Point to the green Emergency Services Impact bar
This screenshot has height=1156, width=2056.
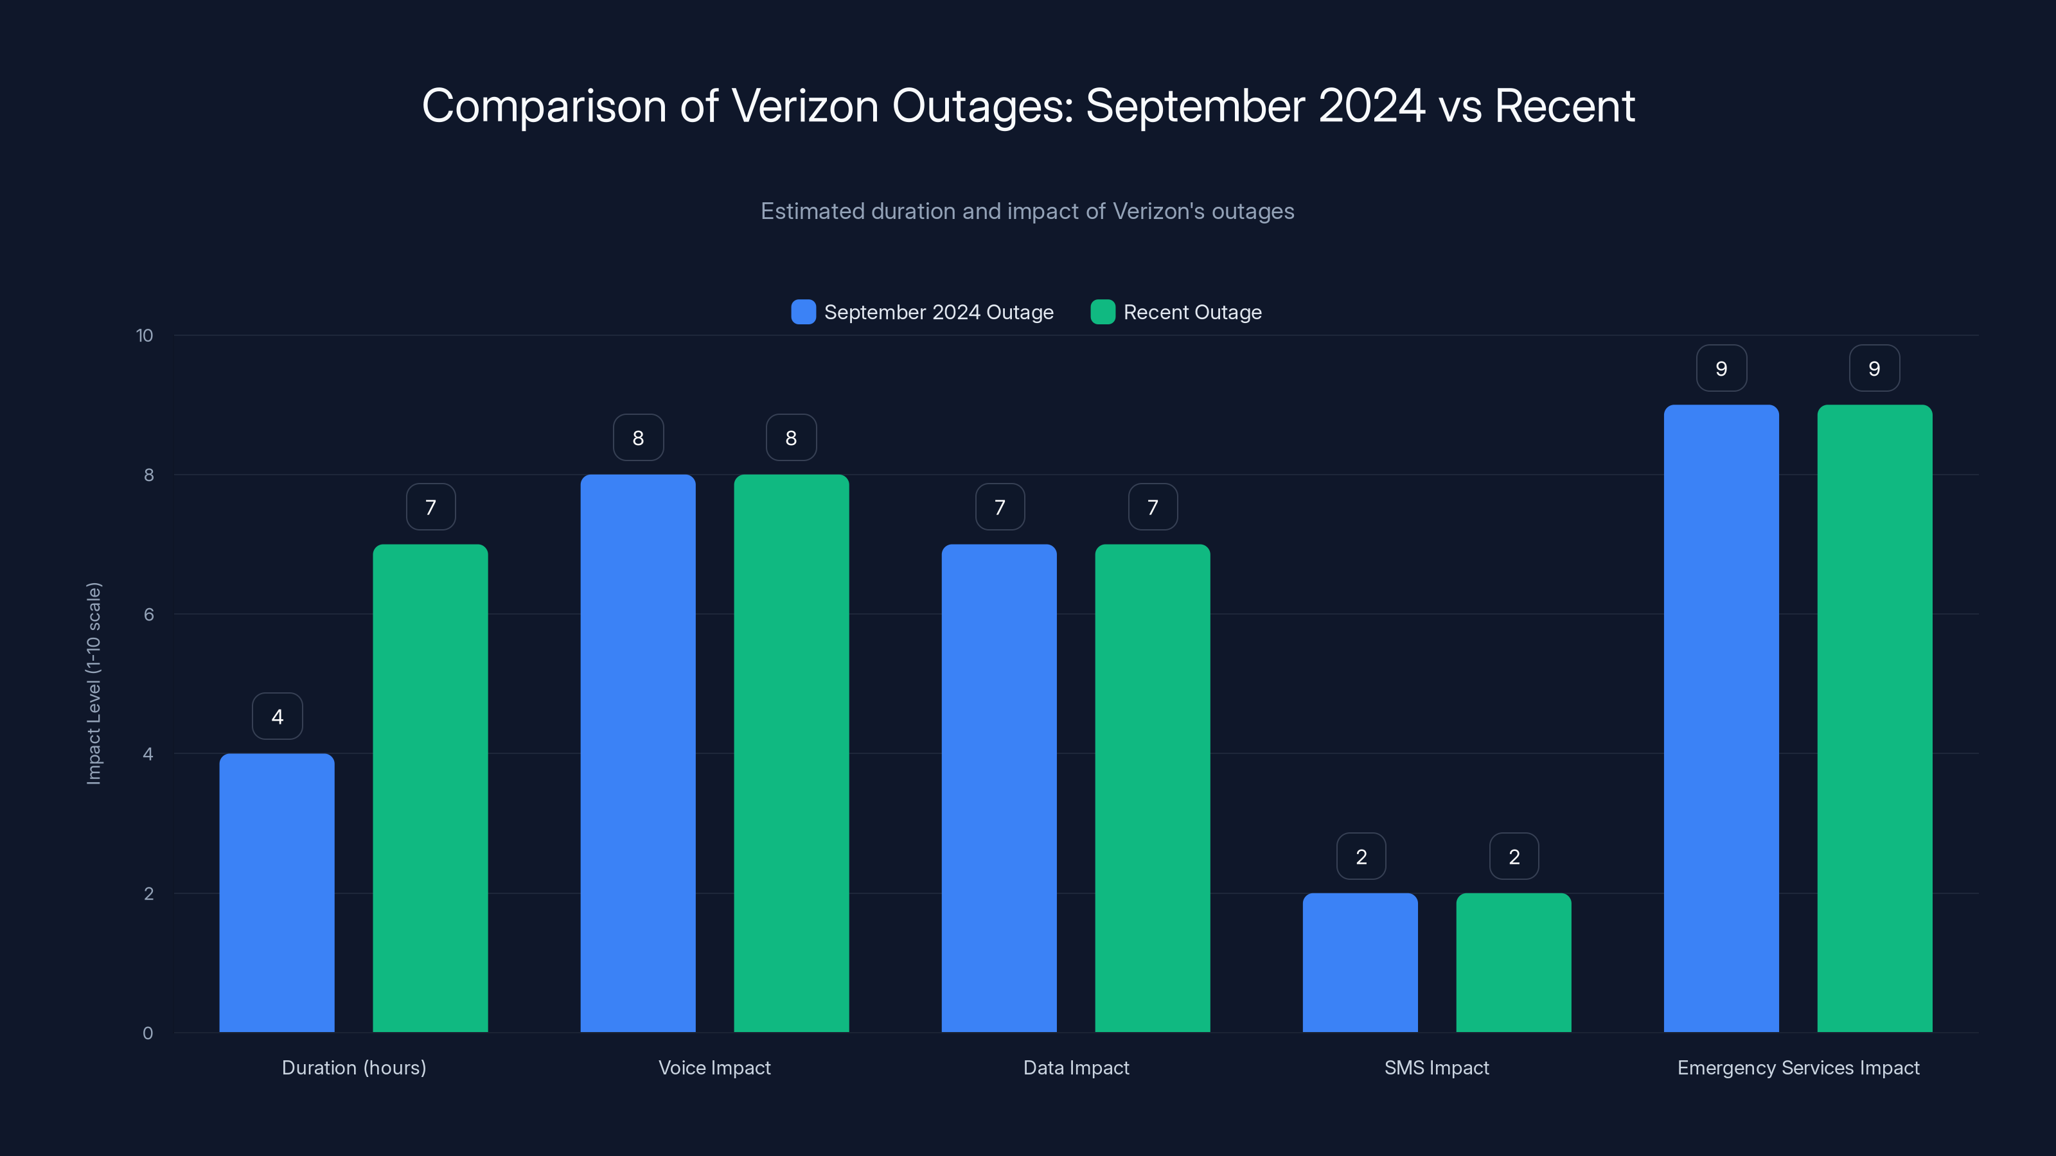click(x=1874, y=718)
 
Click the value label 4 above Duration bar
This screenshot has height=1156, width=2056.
click(x=277, y=717)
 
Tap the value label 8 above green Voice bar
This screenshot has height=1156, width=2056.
click(x=791, y=437)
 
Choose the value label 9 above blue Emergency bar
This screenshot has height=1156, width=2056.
click(x=1721, y=368)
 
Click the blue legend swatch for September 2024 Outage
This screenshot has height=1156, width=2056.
click(x=803, y=312)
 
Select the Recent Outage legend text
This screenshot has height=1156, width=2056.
click(x=1192, y=312)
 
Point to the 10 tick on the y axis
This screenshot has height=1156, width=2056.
click(x=145, y=335)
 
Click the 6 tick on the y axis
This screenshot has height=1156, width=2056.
click(x=148, y=615)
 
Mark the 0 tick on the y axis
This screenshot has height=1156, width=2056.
click(x=148, y=1033)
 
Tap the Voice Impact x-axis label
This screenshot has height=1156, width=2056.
click(x=714, y=1067)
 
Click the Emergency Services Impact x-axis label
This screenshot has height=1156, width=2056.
click(x=1798, y=1067)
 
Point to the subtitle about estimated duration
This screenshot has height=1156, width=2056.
click(x=1027, y=211)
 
